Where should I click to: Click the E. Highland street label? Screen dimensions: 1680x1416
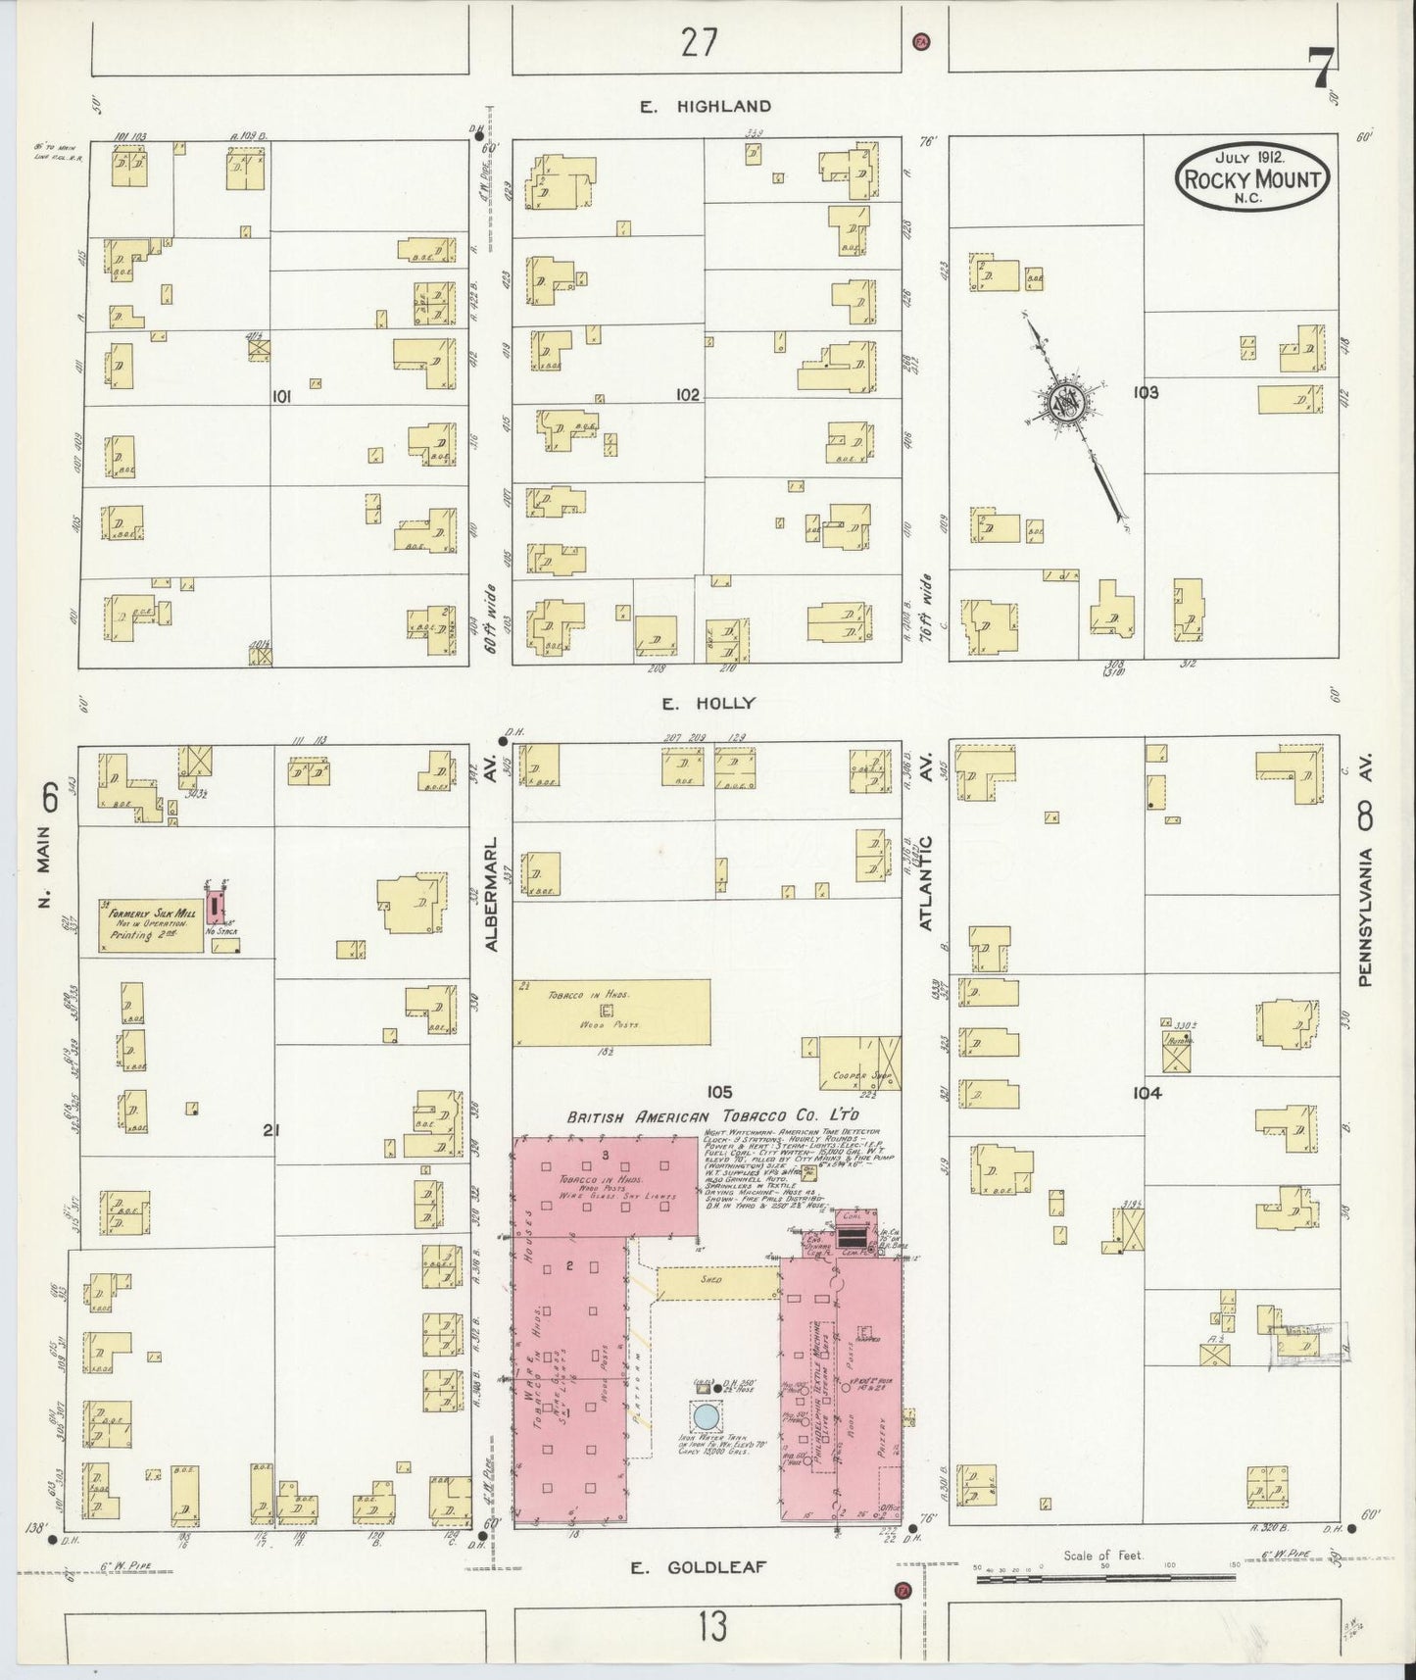point(706,106)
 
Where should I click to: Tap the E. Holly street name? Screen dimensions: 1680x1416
point(708,703)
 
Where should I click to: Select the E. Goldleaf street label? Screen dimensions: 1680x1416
point(697,1567)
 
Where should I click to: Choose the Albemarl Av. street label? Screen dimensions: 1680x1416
point(492,892)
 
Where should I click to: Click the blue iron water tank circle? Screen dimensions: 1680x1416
point(705,1416)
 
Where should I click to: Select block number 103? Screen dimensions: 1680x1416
point(1145,393)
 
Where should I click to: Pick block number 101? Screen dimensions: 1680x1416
point(282,397)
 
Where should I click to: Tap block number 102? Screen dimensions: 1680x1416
point(687,395)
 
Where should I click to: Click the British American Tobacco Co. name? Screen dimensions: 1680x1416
point(713,1116)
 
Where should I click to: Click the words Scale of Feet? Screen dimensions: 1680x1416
point(1102,1555)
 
